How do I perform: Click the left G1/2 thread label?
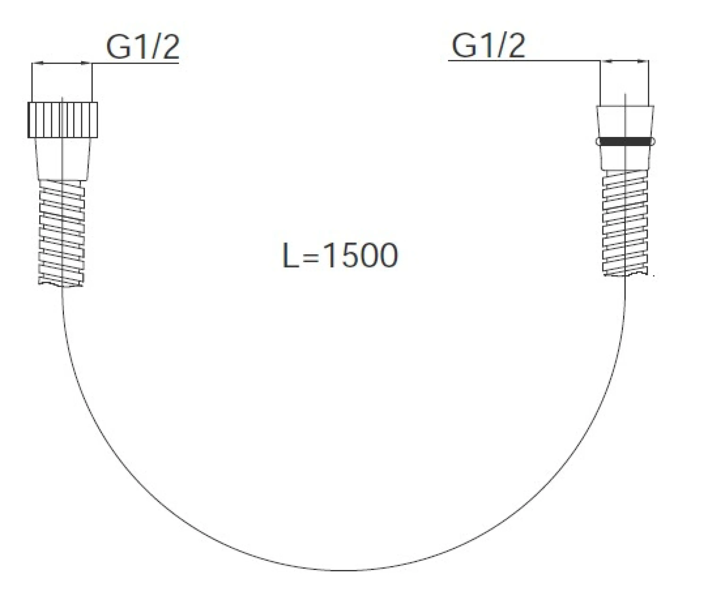tap(143, 47)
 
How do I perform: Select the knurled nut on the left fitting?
tap(63, 120)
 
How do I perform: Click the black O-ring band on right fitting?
tap(625, 141)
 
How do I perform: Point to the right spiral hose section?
tap(625, 223)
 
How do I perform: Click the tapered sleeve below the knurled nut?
tap(63, 159)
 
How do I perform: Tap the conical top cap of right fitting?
tap(625, 121)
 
